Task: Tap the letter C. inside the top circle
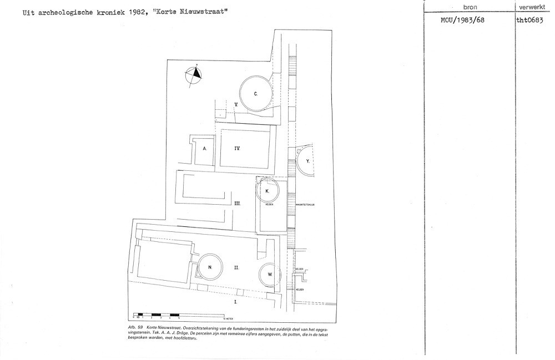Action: click(x=255, y=94)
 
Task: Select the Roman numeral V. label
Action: click(x=236, y=104)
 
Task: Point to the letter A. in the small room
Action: click(x=204, y=149)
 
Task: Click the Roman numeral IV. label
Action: click(x=236, y=148)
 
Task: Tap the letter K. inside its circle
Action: click(x=267, y=190)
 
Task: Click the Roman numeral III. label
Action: click(x=236, y=204)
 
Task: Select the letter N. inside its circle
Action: click(x=210, y=267)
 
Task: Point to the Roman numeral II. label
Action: click(x=236, y=267)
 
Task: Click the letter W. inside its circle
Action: click(x=270, y=274)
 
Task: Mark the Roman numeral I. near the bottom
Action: click(x=235, y=302)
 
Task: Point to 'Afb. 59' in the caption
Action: click(x=135, y=328)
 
